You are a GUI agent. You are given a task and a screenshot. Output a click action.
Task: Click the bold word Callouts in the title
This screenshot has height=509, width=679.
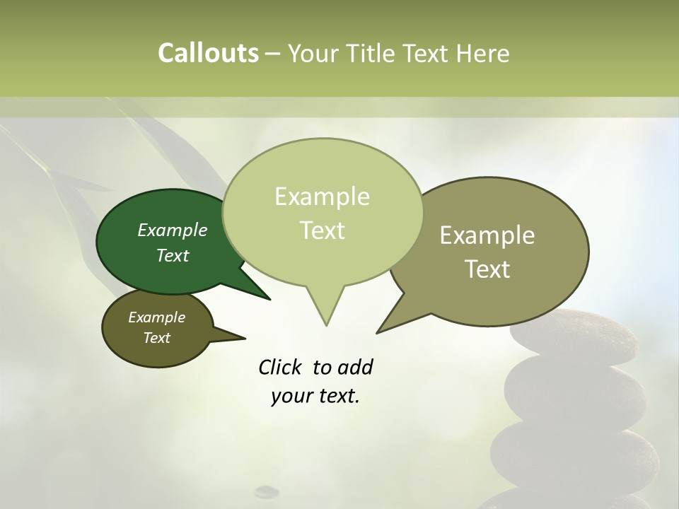tap(208, 53)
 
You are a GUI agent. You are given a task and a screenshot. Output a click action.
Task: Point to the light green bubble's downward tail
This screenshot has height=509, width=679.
tap(325, 311)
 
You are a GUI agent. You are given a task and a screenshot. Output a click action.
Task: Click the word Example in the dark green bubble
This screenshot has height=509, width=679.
tap(173, 230)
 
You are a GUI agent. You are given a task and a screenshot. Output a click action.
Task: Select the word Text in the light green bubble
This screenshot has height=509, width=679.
tap(323, 230)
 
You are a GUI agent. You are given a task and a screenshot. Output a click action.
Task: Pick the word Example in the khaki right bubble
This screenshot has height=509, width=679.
tap(487, 235)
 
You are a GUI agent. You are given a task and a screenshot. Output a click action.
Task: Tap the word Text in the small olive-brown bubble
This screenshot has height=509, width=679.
tap(157, 338)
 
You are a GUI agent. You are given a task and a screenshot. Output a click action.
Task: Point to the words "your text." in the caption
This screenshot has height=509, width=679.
tap(315, 396)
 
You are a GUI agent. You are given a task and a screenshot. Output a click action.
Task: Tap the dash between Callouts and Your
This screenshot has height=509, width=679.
tap(273, 54)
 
